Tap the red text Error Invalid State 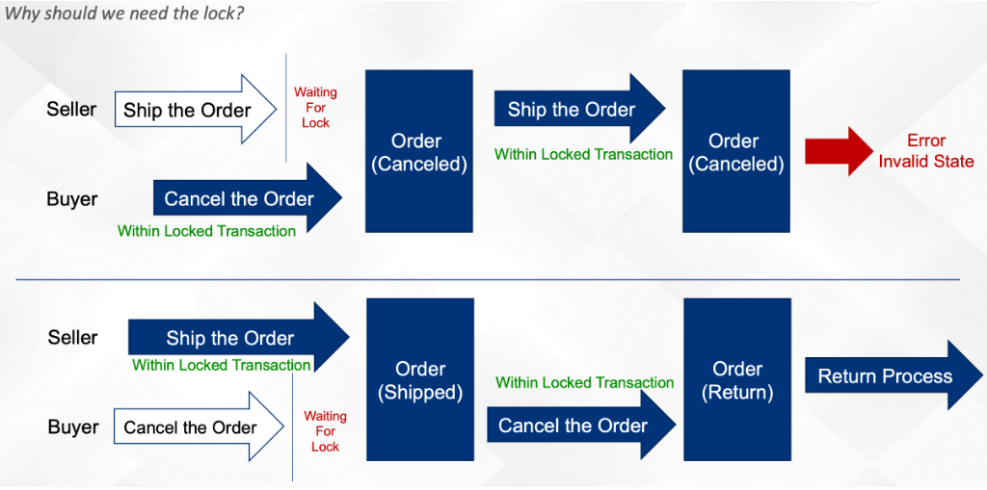point(926,151)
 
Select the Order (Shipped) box point(420,379)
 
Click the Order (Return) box point(736,379)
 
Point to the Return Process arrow point(894,376)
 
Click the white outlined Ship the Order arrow point(196,110)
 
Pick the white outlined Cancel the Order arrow point(199,427)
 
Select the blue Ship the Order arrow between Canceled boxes point(579,109)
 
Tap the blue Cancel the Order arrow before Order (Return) point(581,426)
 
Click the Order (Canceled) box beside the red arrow point(735,151)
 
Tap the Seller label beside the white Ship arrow point(71,109)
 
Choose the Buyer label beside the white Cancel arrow point(73,427)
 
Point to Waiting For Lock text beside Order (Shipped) point(325,431)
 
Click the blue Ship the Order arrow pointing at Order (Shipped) point(239,337)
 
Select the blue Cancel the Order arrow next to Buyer point(248,198)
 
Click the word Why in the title point(16,13)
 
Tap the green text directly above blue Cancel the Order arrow point(585,382)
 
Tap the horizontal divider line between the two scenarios point(488,279)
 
